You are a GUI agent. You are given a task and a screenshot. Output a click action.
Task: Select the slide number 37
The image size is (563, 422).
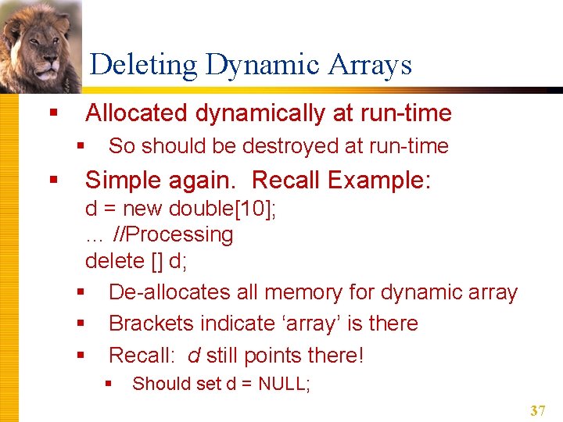point(537,410)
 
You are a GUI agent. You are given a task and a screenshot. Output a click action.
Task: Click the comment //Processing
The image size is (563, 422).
point(173,234)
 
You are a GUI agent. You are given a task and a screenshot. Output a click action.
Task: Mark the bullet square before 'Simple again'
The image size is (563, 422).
point(53,181)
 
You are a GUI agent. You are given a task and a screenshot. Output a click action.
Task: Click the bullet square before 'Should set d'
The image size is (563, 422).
point(109,384)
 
